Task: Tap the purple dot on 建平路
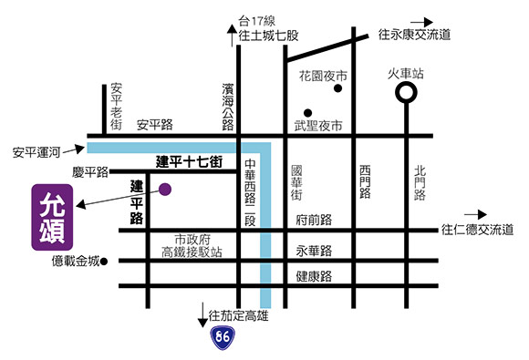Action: click(x=166, y=190)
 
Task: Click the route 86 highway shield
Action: click(x=222, y=338)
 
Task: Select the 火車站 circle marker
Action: click(x=405, y=92)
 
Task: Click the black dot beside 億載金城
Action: click(x=105, y=262)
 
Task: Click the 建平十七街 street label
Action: click(x=189, y=162)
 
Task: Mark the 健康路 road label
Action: click(x=313, y=274)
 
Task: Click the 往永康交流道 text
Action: click(x=415, y=36)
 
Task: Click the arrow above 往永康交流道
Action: click(x=421, y=19)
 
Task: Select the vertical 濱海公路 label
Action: click(x=227, y=106)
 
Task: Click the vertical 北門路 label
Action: click(x=420, y=182)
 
